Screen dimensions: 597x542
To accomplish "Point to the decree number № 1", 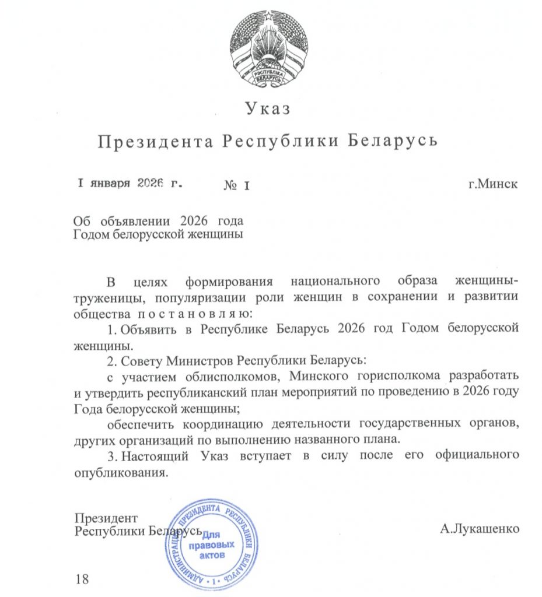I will [237, 185].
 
